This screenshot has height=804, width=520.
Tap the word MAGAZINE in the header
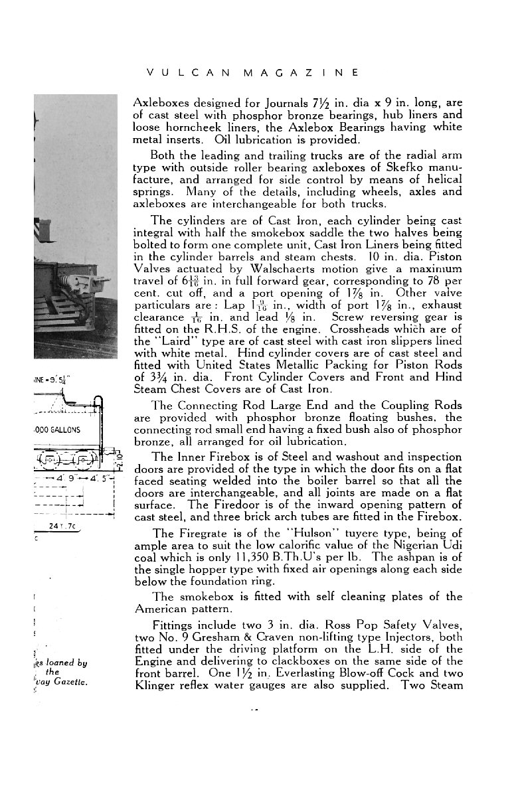tap(300, 72)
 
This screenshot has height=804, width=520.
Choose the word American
tap(161, 609)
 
